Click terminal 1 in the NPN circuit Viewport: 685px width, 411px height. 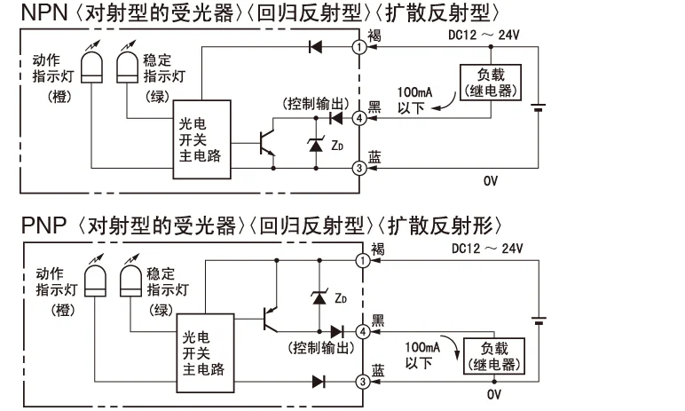pos(359,47)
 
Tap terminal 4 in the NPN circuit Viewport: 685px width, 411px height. pos(359,118)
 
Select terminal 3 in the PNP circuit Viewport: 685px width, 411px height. pos(363,382)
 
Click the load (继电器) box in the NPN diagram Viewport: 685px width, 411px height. pos(491,83)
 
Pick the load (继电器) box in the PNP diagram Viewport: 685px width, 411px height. pos(494,356)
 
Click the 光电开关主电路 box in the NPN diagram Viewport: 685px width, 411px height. pos(201,139)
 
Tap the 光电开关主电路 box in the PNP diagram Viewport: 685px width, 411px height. pos(205,353)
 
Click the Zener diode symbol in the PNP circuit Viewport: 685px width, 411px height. pos(319,297)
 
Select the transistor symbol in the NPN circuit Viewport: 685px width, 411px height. pos(267,143)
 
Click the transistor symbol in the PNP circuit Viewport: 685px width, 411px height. pos(271,320)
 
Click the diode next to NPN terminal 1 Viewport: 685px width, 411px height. pos(315,47)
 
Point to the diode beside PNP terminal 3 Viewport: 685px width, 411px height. pos(319,382)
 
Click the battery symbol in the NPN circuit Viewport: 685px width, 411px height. pos(539,107)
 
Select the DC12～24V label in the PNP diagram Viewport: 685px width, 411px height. pos(487,249)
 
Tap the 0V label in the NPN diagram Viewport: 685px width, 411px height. pos(491,180)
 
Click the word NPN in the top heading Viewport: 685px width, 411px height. pos(44,12)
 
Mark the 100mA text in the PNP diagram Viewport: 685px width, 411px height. pos(422,348)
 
